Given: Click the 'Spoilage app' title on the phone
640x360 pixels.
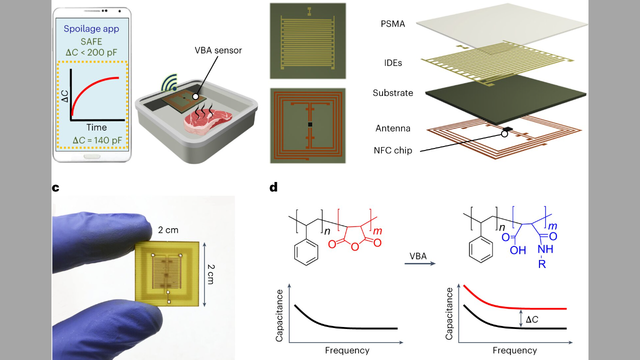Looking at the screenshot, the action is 91,29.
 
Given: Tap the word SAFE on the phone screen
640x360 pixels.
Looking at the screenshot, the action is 91,41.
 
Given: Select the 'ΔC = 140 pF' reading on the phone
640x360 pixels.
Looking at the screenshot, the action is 97,140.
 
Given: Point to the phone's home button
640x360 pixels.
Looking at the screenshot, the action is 91,156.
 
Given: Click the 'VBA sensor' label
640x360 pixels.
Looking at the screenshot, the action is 218,50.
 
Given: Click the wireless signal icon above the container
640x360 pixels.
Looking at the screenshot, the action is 169,83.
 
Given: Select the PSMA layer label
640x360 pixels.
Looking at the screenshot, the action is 393,24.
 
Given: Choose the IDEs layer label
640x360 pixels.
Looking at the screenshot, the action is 393,63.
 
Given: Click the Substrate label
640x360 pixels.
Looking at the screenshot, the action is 393,93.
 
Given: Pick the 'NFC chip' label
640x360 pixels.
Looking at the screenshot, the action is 393,150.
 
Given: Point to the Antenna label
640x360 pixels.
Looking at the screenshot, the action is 393,128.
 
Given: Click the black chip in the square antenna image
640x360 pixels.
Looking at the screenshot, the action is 310,124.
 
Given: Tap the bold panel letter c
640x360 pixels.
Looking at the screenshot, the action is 55,188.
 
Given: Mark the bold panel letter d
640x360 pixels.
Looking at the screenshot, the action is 273,187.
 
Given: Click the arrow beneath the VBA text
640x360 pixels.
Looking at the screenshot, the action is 419,263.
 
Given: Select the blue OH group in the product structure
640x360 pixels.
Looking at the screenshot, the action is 517,250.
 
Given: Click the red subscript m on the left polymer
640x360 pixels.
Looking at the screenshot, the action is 377,231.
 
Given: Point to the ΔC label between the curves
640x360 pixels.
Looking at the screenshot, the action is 531,319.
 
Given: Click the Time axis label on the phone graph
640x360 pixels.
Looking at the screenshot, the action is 96,127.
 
